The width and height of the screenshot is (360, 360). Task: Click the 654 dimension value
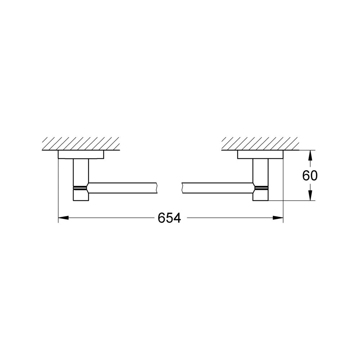coord(170,218)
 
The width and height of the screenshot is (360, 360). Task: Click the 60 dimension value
coord(310,176)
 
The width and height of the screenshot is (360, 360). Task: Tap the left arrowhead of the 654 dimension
coord(63,218)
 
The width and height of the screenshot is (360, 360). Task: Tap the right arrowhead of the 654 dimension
coord(278,218)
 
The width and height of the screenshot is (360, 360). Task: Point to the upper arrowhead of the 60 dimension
coord(310,156)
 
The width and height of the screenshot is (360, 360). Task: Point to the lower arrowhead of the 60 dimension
coord(310,195)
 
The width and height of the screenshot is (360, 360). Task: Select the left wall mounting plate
coord(81,154)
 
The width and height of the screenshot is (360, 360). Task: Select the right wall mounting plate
coord(260,154)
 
